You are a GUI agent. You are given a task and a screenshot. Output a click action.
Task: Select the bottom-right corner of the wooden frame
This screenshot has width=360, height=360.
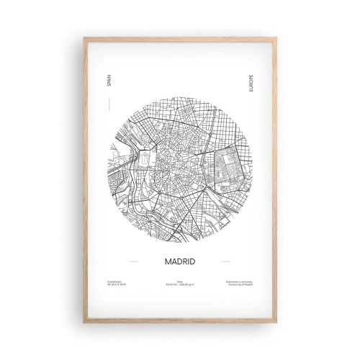(276, 324)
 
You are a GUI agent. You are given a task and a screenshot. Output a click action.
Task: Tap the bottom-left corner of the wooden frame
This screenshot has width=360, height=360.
(84, 324)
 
